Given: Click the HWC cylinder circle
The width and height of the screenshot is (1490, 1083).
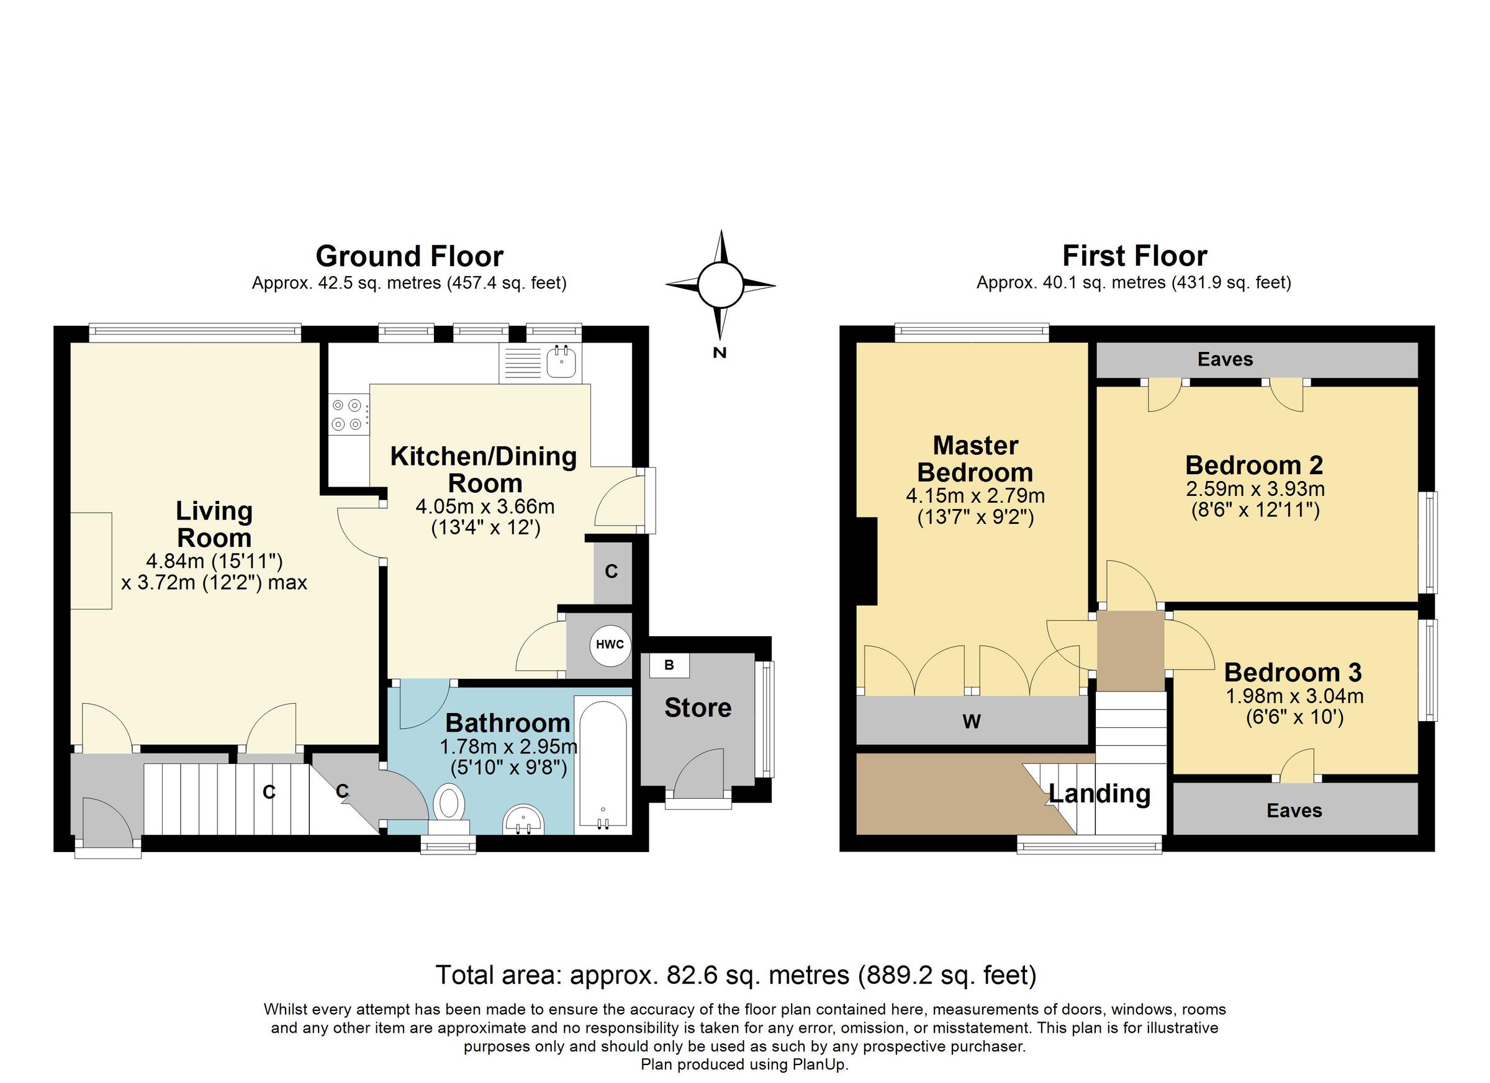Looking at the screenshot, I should click(609, 644).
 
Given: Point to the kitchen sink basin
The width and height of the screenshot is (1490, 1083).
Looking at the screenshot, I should click(561, 361).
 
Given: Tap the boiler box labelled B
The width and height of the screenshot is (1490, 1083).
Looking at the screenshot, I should click(669, 665).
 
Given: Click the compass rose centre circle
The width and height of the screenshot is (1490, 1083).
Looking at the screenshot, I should click(720, 285).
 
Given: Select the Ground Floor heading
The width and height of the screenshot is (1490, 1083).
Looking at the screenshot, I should click(409, 256).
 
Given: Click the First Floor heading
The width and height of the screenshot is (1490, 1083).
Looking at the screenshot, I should click(1135, 256).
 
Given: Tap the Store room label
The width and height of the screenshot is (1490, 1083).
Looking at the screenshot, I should click(698, 708).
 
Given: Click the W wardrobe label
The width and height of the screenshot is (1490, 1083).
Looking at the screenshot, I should click(971, 722).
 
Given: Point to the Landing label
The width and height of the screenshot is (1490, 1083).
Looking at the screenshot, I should click(1099, 793).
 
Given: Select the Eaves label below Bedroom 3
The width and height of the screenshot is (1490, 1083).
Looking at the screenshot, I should click(1294, 811).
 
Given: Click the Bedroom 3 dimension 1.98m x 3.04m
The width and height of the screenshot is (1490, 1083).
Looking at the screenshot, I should click(1294, 696).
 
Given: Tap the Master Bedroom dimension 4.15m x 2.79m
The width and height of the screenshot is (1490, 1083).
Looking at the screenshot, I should click(975, 495).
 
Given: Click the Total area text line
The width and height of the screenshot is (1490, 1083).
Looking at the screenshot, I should click(736, 974).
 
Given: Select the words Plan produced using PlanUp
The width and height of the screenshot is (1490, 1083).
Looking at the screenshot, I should click(744, 1064).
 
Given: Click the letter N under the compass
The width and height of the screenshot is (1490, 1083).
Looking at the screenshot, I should click(720, 353).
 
